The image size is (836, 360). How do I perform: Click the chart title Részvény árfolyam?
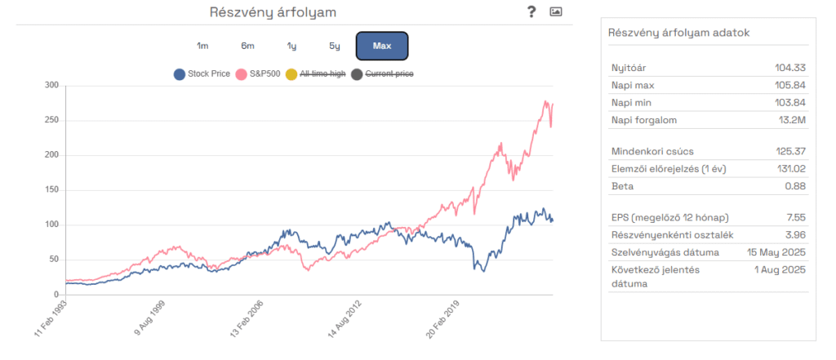click(x=273, y=12)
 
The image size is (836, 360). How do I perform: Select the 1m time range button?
click(x=202, y=46)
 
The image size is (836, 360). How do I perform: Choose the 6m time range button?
click(x=247, y=46)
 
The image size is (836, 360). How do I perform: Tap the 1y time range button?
click(x=291, y=46)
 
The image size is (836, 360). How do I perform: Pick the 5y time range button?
click(x=335, y=46)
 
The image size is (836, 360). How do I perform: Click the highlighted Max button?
click(x=381, y=46)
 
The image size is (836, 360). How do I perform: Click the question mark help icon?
click(x=531, y=11)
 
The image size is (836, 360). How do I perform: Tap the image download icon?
click(x=556, y=11)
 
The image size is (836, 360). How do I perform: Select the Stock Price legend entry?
click(x=202, y=74)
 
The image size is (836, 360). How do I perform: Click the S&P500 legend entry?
click(x=258, y=74)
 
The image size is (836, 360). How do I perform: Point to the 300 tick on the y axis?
click(x=51, y=85)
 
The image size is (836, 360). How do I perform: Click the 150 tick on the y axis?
click(x=51, y=190)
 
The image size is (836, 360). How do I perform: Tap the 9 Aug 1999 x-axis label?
click(x=150, y=320)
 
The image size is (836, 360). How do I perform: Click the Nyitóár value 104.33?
click(x=790, y=68)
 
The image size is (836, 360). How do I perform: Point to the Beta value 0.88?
click(x=795, y=187)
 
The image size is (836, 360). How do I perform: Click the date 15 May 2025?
click(x=776, y=252)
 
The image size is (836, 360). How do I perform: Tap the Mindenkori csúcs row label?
click(x=650, y=151)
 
